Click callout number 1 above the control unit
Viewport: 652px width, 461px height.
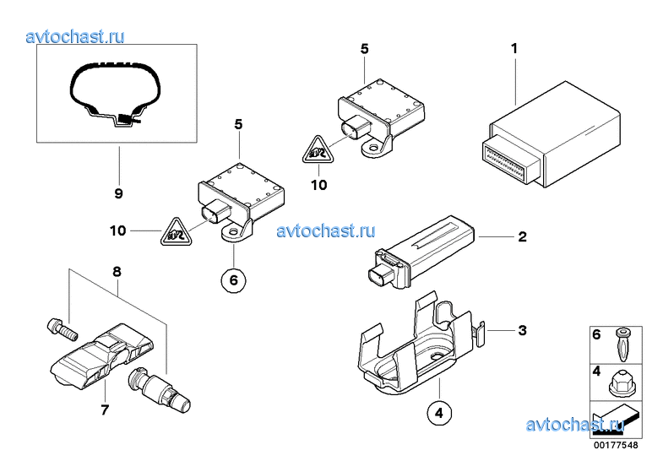[x=514, y=49]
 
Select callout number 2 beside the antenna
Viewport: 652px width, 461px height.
[x=522, y=237]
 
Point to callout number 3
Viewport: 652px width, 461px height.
[x=522, y=330]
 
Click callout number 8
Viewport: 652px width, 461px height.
[x=117, y=271]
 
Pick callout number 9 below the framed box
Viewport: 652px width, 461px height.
[x=118, y=193]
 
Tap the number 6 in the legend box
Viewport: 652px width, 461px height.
[x=596, y=335]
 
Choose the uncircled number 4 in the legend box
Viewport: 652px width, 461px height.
[x=596, y=370]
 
